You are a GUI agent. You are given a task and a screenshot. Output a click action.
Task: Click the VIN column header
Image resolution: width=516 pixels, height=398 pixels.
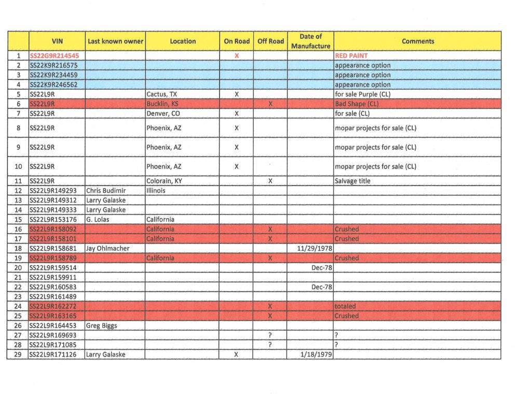(57, 41)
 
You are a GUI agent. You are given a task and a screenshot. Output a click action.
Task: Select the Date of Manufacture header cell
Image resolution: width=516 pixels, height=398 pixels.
(310, 41)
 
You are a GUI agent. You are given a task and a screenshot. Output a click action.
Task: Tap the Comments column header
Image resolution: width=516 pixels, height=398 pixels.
(417, 41)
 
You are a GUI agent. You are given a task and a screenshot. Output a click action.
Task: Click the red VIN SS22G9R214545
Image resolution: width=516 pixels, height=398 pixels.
(55, 55)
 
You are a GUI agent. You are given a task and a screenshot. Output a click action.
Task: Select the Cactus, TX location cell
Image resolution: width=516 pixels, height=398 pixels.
(162, 94)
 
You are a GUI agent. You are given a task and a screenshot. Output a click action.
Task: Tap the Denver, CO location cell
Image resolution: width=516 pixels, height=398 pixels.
(164, 113)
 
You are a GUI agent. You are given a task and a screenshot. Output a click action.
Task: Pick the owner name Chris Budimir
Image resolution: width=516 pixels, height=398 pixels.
(106, 191)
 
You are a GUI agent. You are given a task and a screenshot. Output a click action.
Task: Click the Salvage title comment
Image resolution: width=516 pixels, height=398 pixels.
(353, 181)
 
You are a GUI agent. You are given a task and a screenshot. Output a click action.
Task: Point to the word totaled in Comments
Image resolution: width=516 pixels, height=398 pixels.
(345, 306)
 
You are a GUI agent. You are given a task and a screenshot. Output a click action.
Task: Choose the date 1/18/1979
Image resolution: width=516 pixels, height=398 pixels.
(316, 354)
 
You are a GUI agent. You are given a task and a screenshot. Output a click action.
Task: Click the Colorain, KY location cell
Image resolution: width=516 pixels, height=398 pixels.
(164, 181)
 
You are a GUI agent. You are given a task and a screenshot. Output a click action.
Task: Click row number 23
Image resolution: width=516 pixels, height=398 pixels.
(18, 296)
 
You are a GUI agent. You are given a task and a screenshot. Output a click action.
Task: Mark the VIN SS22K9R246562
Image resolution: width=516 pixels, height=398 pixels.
(54, 84)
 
